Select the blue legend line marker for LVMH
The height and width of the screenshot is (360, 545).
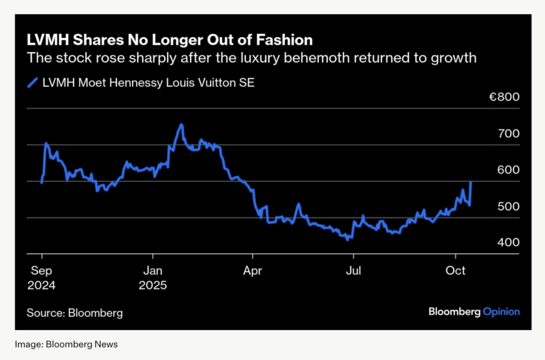pyautogui.click(x=33, y=83)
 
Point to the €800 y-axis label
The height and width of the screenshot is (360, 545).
pyautogui.click(x=505, y=97)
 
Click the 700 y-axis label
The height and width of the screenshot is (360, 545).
pyautogui.click(x=508, y=134)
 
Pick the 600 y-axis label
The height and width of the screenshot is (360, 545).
pyautogui.click(x=508, y=170)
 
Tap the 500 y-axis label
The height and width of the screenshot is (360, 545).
pyautogui.click(x=508, y=206)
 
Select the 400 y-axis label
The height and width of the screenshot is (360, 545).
pyautogui.click(x=508, y=243)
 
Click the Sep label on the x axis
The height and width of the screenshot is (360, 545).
pyautogui.click(x=41, y=271)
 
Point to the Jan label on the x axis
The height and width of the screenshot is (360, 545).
pyautogui.click(x=152, y=271)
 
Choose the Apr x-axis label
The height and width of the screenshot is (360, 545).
pyautogui.click(x=253, y=271)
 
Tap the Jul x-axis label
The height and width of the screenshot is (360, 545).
pyautogui.click(x=353, y=271)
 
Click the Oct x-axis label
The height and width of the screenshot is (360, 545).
pyautogui.click(x=455, y=271)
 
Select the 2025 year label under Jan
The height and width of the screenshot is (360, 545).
pyautogui.click(x=152, y=286)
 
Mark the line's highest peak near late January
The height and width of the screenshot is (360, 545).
pyautogui.click(x=182, y=124)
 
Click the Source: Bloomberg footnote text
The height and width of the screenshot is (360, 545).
pyautogui.click(x=74, y=313)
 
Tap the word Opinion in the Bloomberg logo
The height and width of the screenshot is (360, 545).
pyautogui.click(x=501, y=311)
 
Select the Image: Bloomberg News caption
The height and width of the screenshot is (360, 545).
pyautogui.click(x=66, y=344)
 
